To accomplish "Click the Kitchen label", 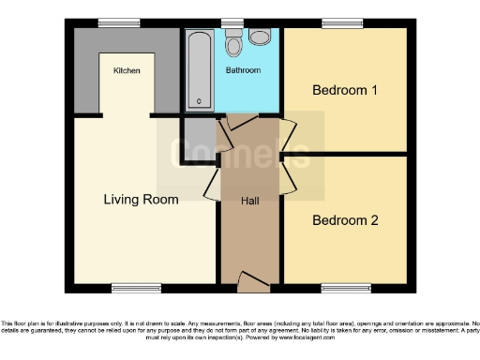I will pyautogui.click(x=127, y=70).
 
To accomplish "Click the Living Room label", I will pyautogui.click(x=141, y=199).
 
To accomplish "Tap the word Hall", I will pyautogui.click(x=250, y=202).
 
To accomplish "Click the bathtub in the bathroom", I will pyautogui.click(x=199, y=69).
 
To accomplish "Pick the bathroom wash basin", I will pyautogui.click(x=260, y=37).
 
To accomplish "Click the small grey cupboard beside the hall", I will pyautogui.click(x=198, y=137).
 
